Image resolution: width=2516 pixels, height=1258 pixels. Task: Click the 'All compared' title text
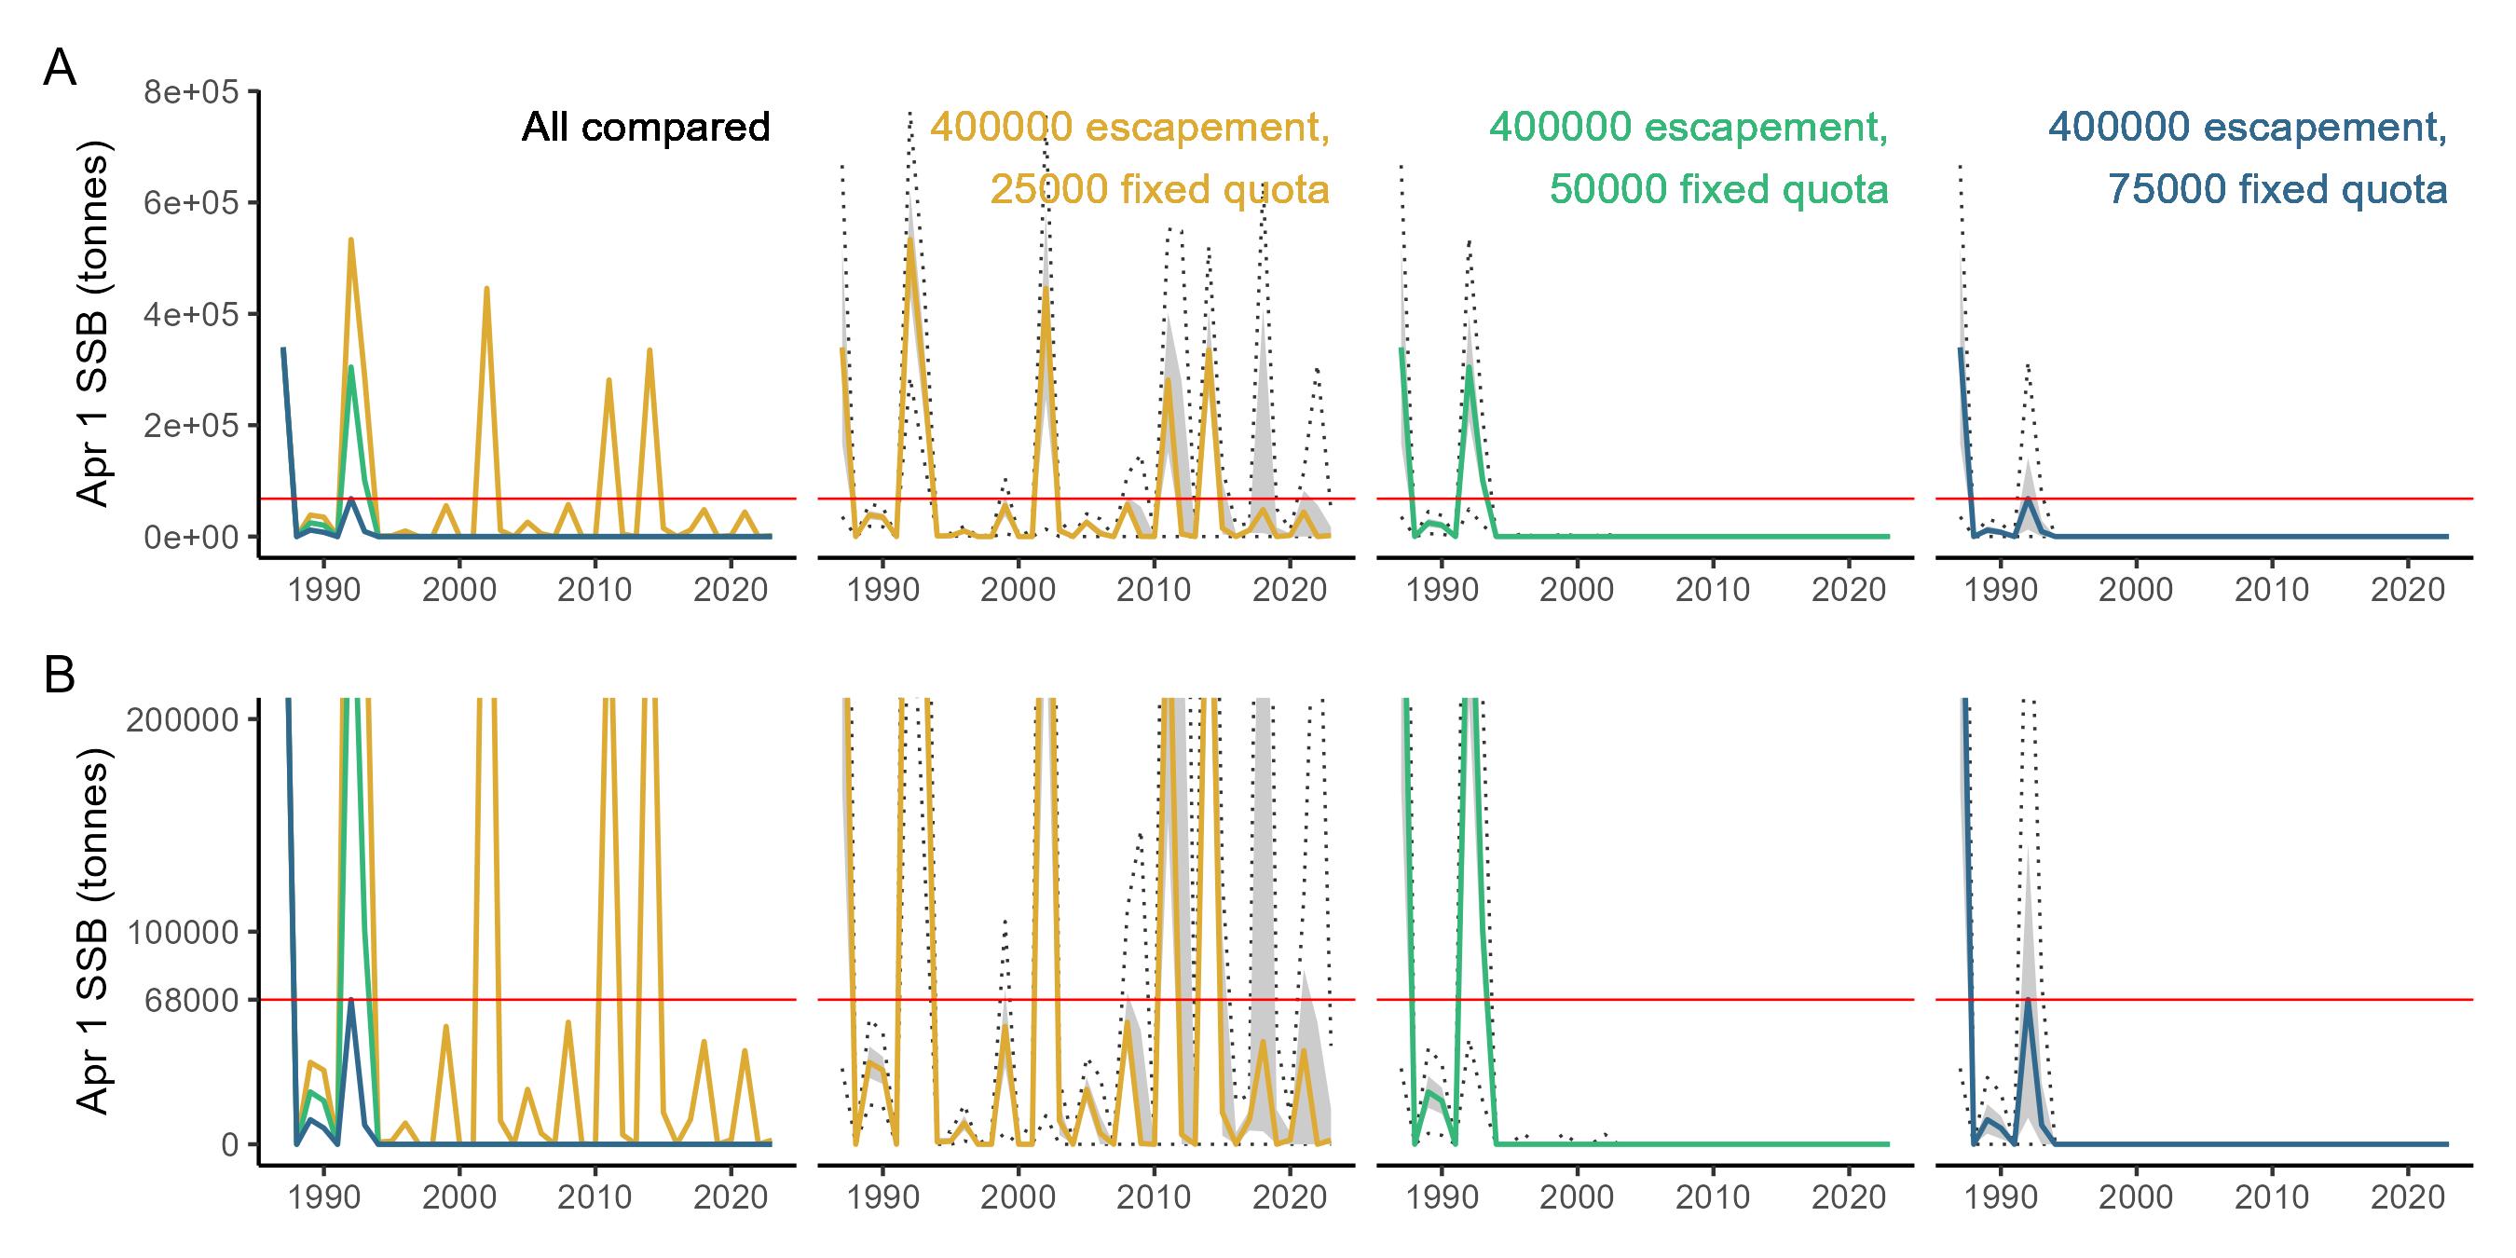(x=646, y=127)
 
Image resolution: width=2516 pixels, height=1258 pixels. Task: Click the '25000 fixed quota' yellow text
(x=1159, y=188)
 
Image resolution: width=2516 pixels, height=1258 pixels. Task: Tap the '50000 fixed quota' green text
(x=1719, y=188)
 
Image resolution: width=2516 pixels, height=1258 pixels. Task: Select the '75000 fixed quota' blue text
(x=2277, y=188)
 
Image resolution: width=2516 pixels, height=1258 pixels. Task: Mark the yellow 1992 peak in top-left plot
(x=350, y=240)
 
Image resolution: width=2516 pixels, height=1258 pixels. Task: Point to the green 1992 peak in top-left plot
(x=350, y=368)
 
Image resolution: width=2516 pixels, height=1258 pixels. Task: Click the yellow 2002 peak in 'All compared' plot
(x=486, y=289)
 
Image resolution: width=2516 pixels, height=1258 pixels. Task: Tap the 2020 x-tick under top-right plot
(x=2408, y=590)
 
